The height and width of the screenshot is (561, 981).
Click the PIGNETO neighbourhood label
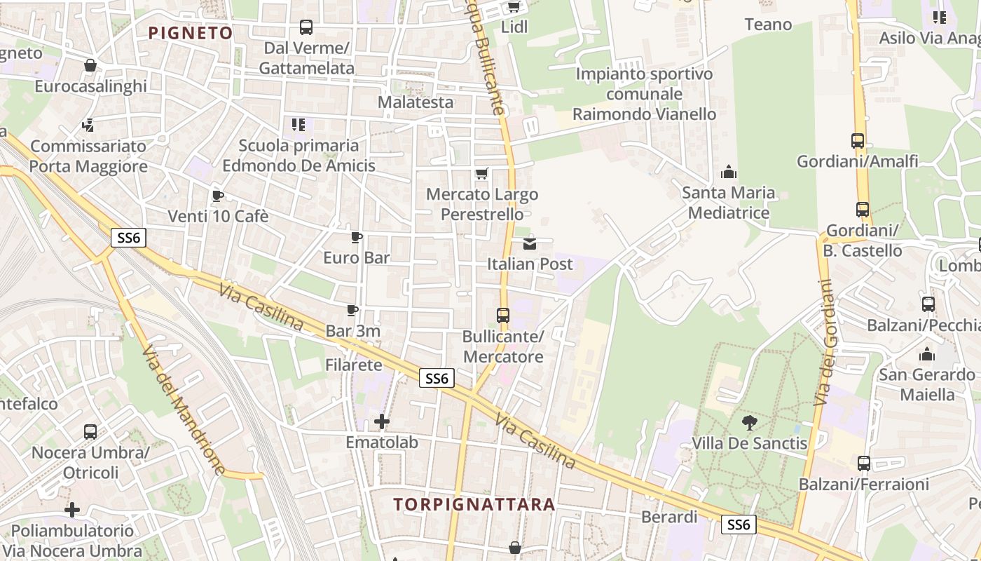[x=191, y=33]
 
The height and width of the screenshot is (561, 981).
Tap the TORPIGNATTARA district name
[x=474, y=504]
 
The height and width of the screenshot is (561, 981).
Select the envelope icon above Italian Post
[x=530, y=243]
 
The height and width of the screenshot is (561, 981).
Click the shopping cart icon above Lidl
[x=514, y=6]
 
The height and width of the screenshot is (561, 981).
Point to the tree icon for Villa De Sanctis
[x=750, y=422]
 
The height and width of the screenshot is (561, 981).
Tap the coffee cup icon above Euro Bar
[x=357, y=237]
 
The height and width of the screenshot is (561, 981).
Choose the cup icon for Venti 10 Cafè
[x=217, y=196]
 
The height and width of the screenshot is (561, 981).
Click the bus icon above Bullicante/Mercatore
[x=503, y=316]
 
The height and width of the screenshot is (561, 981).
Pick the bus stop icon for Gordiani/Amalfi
[x=858, y=140]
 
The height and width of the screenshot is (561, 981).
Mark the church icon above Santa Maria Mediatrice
[x=729, y=172]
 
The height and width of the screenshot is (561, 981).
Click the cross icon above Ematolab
[x=382, y=421]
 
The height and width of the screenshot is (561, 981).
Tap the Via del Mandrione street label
[x=184, y=410]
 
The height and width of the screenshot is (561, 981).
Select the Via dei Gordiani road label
[x=824, y=342]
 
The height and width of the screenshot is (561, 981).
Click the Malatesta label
[x=416, y=102]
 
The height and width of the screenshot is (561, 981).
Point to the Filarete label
[x=354, y=365]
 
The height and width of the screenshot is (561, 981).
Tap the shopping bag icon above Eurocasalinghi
[x=90, y=66]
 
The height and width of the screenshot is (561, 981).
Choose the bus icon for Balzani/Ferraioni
[x=864, y=464]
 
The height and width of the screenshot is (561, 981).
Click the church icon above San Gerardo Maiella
[x=927, y=354]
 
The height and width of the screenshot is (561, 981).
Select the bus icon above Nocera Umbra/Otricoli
[x=90, y=432]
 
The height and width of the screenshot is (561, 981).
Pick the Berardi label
[x=670, y=517]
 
